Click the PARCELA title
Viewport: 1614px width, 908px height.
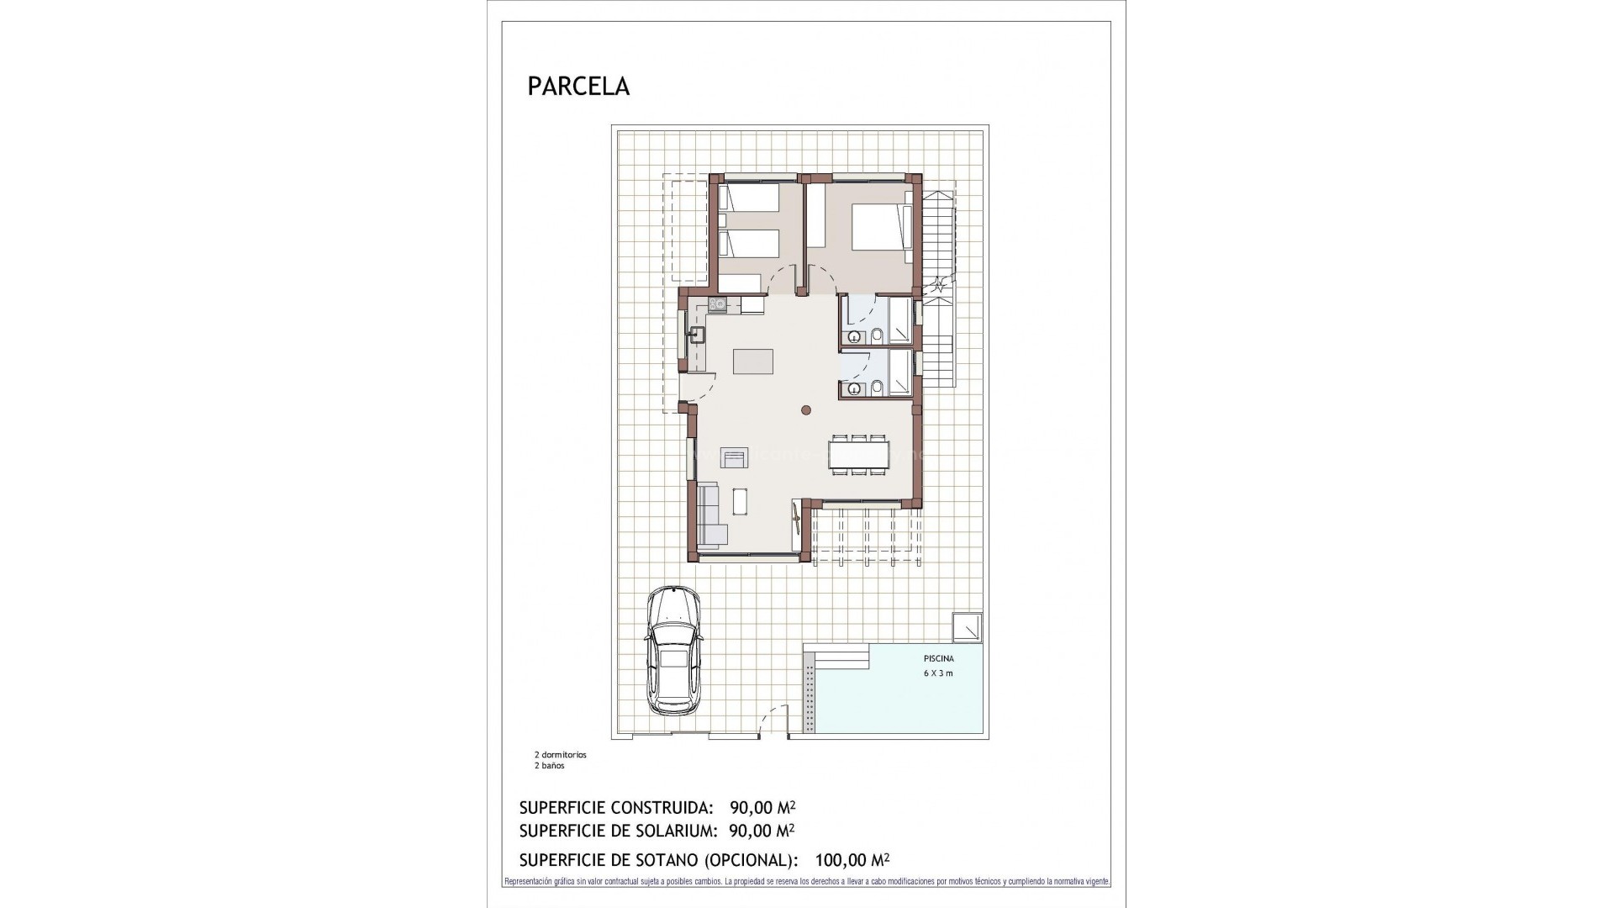pos(578,87)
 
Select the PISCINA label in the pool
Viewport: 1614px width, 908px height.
pos(938,659)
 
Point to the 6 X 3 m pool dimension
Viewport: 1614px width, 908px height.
pos(938,673)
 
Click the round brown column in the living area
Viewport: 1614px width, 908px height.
pos(805,410)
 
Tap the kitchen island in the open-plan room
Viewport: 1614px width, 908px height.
pos(753,362)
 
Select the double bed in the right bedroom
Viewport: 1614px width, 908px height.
pos(881,226)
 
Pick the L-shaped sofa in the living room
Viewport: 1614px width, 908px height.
pos(710,515)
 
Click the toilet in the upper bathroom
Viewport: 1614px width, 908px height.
pos(877,336)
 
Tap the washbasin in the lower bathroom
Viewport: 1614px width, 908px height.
pos(854,388)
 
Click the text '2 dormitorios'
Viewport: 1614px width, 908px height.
pos(561,755)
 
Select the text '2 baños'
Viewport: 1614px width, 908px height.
pos(550,766)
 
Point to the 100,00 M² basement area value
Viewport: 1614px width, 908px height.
pos(852,860)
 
